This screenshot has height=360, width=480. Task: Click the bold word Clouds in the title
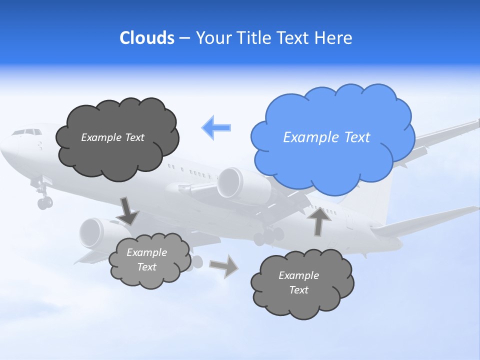pyautogui.click(x=146, y=38)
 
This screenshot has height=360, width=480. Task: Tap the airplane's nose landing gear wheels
pyautogui.click(x=44, y=202)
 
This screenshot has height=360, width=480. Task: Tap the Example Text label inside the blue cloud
pyautogui.click(x=326, y=137)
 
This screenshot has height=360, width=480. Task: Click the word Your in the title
pyautogui.click(x=213, y=38)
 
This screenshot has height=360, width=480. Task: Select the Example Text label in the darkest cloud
pyautogui.click(x=112, y=137)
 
